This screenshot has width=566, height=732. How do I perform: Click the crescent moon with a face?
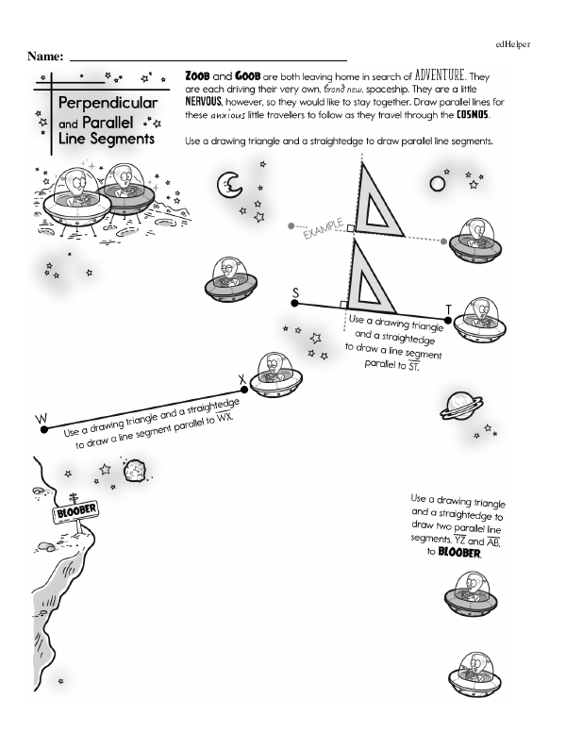click(227, 184)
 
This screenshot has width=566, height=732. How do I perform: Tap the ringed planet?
click(462, 405)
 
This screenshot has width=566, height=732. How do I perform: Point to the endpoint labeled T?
click(448, 321)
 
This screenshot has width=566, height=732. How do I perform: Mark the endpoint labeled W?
click(43, 430)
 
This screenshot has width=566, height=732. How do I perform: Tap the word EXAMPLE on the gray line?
click(322, 228)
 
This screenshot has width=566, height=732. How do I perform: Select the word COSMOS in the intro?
click(468, 115)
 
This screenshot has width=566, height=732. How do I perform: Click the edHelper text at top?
click(512, 44)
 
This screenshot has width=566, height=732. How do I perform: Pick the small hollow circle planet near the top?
click(437, 184)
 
